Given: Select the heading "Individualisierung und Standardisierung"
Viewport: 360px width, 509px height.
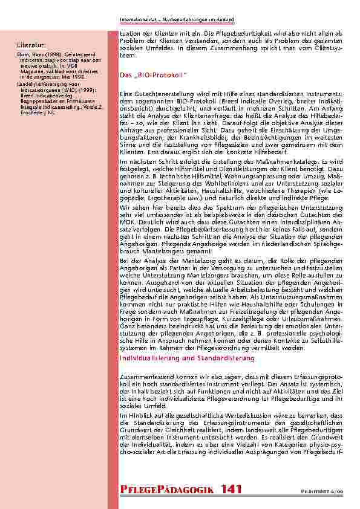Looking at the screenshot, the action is (187, 358).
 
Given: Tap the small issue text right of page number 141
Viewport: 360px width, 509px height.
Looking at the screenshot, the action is (333, 491).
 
